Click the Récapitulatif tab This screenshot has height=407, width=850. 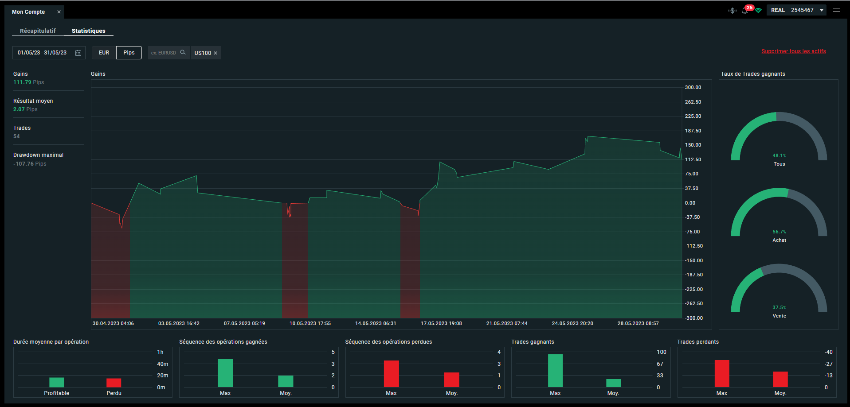pyautogui.click(x=38, y=31)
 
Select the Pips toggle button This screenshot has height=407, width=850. pyautogui.click(x=129, y=53)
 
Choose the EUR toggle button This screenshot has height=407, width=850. pyautogui.click(x=104, y=53)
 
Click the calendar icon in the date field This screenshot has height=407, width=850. pyautogui.click(x=78, y=53)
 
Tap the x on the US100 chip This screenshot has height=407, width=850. pyautogui.click(x=215, y=53)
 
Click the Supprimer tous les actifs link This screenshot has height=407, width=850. pyautogui.click(x=794, y=51)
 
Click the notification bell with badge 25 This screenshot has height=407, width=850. pyautogui.click(x=745, y=11)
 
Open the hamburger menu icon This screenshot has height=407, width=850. pyautogui.click(x=837, y=10)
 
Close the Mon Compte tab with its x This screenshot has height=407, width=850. pyautogui.click(x=59, y=12)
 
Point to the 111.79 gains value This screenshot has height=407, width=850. pyautogui.click(x=22, y=82)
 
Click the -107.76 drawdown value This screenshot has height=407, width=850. pyautogui.click(x=24, y=164)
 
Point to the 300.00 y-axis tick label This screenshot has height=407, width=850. pyautogui.click(x=693, y=88)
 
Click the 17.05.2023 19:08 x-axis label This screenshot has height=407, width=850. pyautogui.click(x=441, y=323)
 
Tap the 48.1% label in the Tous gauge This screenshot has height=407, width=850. pyautogui.click(x=779, y=156)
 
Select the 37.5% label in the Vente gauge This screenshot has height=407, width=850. pyautogui.click(x=779, y=308)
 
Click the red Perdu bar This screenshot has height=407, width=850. pyautogui.click(x=114, y=383)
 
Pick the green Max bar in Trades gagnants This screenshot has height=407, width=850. pyautogui.click(x=555, y=371)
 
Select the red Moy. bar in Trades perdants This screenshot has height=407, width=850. pyautogui.click(x=780, y=379)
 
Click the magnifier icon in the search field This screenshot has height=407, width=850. pyautogui.click(x=183, y=52)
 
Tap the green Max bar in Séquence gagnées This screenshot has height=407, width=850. pyautogui.click(x=225, y=373)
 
